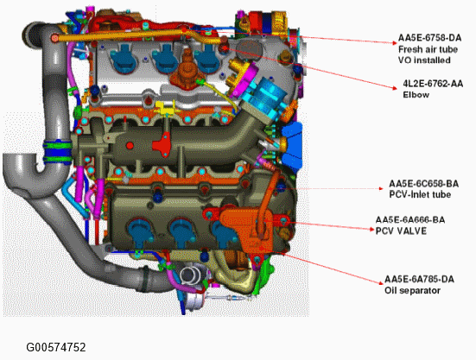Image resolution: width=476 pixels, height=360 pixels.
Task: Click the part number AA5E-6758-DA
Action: (x=429, y=38)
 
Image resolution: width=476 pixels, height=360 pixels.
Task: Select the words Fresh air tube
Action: (x=428, y=49)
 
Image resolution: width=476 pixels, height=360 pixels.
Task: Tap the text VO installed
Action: (x=424, y=60)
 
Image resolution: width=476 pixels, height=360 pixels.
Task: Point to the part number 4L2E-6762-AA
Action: (x=433, y=84)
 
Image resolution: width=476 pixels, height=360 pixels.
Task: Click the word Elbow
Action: (x=416, y=95)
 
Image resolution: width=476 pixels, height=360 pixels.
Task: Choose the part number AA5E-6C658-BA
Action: (x=424, y=184)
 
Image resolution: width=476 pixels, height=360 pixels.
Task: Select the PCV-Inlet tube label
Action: (x=420, y=194)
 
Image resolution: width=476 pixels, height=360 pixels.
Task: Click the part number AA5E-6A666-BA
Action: (x=410, y=219)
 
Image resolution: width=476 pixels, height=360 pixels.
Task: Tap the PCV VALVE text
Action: (x=401, y=231)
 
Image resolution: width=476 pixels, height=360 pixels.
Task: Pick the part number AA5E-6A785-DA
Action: (x=419, y=279)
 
